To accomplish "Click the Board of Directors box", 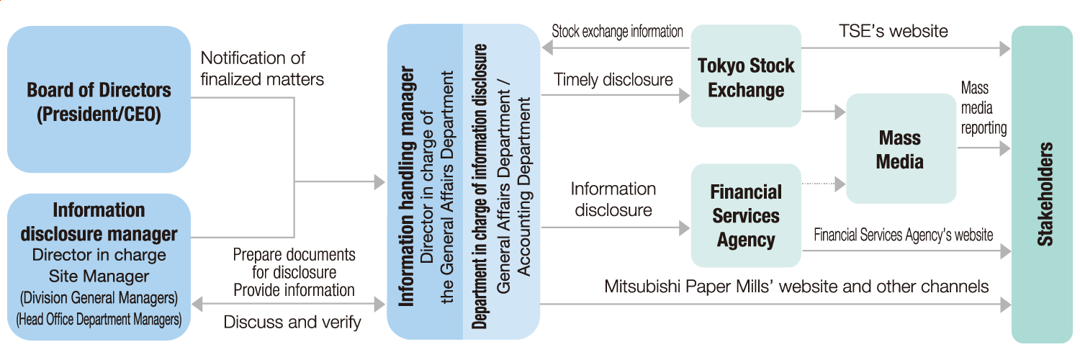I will tap(99, 101).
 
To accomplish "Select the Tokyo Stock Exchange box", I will tap(746, 78).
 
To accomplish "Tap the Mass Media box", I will tap(900, 149).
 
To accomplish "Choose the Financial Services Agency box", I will tap(746, 216).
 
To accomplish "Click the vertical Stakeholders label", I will tap(1045, 194).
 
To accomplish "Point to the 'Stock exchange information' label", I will tap(617, 32).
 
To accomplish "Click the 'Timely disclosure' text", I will tap(613, 80).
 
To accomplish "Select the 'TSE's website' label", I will tap(893, 31).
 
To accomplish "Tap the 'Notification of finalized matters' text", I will tap(262, 68).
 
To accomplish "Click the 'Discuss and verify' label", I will tap(292, 322).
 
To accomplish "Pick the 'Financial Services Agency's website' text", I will tap(904, 235).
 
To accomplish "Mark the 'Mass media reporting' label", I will tap(983, 108).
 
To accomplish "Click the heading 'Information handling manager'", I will tap(408, 186).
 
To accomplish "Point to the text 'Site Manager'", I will tap(99, 276).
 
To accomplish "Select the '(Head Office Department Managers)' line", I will tap(99, 318).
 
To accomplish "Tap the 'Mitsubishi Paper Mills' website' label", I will tap(796, 287).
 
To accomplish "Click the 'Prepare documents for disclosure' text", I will tap(294, 264).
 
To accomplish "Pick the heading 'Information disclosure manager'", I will tap(99, 222).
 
